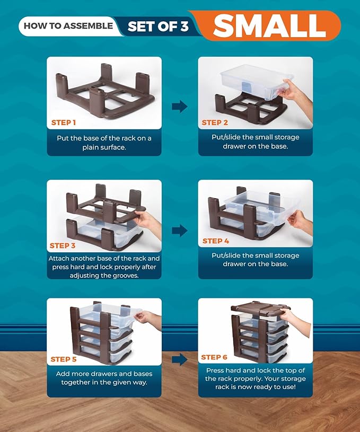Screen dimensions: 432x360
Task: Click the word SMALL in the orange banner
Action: point(269,25)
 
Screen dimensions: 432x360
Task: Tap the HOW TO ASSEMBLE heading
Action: point(68,25)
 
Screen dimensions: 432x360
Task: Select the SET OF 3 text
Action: point(158,26)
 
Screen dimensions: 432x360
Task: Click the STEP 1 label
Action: point(64,122)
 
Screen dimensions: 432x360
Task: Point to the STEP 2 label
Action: point(215,122)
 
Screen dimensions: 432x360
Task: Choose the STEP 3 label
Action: point(63,245)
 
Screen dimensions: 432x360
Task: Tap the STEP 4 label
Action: point(215,241)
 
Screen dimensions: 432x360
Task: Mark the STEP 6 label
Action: point(214,357)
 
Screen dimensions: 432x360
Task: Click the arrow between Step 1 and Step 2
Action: point(180,107)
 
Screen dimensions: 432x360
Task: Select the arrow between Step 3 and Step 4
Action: point(180,230)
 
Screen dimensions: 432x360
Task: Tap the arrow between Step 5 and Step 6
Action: point(180,359)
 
